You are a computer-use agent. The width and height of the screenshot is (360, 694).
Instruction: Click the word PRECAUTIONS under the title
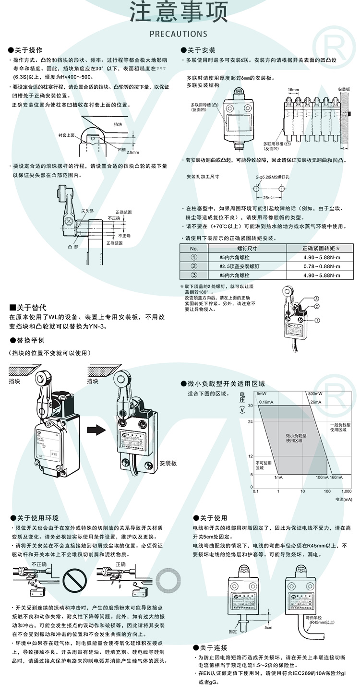(179, 34)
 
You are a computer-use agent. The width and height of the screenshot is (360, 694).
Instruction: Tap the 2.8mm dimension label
(132, 153)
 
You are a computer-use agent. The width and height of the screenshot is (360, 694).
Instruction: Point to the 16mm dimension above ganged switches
(293, 90)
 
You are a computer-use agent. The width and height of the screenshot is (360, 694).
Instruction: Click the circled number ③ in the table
(194, 275)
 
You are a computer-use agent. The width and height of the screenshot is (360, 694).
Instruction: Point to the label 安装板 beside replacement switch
(168, 463)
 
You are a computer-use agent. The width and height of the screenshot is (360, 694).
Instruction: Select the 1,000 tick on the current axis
(346, 491)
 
